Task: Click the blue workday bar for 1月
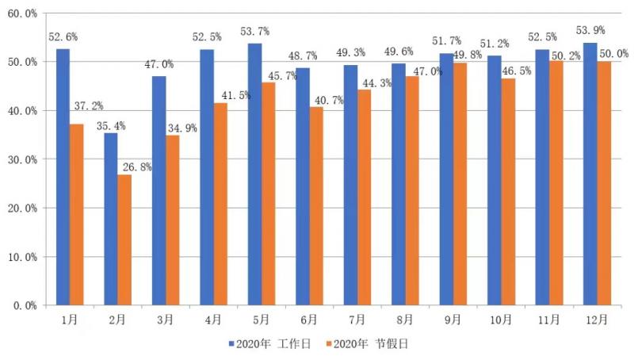63,177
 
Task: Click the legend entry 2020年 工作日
269,344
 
